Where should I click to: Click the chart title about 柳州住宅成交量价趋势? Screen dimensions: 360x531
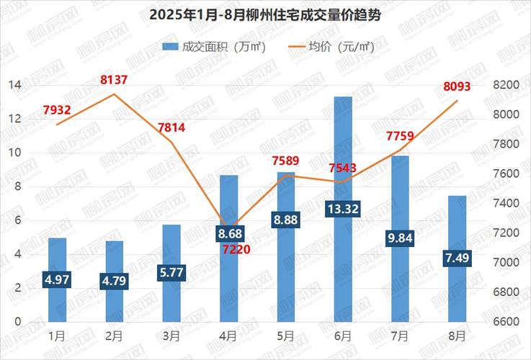click(x=265, y=14)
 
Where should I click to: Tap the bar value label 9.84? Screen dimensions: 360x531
click(x=400, y=238)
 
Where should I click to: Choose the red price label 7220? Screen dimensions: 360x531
click(x=229, y=251)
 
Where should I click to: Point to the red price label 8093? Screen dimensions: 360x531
click(x=456, y=87)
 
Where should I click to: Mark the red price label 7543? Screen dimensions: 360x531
click(x=343, y=168)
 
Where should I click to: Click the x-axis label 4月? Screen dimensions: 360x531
click(x=229, y=336)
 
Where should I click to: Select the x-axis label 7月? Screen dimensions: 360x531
click(x=400, y=336)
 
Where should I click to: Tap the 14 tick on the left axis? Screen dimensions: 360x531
click(x=14, y=85)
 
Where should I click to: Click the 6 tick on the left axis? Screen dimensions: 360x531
click(x=17, y=220)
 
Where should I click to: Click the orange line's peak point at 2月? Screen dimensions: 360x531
click(x=115, y=94)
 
